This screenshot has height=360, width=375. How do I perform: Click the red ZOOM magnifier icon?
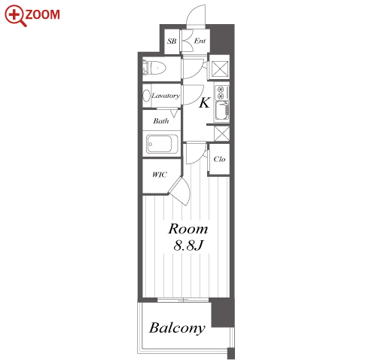pos(15,16)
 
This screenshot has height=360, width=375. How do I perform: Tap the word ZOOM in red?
pos(43,14)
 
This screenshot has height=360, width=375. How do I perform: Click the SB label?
pos(172,41)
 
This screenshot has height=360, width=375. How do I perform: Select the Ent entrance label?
pos(200,41)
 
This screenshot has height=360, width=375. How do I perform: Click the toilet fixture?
pos(154,68)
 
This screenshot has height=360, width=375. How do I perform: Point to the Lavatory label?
pos(166,96)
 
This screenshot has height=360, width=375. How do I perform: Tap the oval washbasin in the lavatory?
pos(146,96)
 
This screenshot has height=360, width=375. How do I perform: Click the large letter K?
pos(204,102)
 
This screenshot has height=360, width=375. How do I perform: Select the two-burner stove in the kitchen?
pos(221,93)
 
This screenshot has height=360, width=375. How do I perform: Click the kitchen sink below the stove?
pos(222,111)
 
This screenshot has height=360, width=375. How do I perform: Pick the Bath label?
pos(161,121)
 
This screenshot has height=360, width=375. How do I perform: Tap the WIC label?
pos(160,175)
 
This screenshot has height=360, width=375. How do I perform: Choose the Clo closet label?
pos(219,159)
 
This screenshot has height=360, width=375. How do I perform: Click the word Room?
pos(188,229)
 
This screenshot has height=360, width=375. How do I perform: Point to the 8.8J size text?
pos(188,246)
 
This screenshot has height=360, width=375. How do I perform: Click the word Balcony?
pos(177,328)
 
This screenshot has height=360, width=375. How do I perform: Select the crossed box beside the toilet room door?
pos(220,69)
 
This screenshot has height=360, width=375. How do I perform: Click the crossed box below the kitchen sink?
pos(221,133)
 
